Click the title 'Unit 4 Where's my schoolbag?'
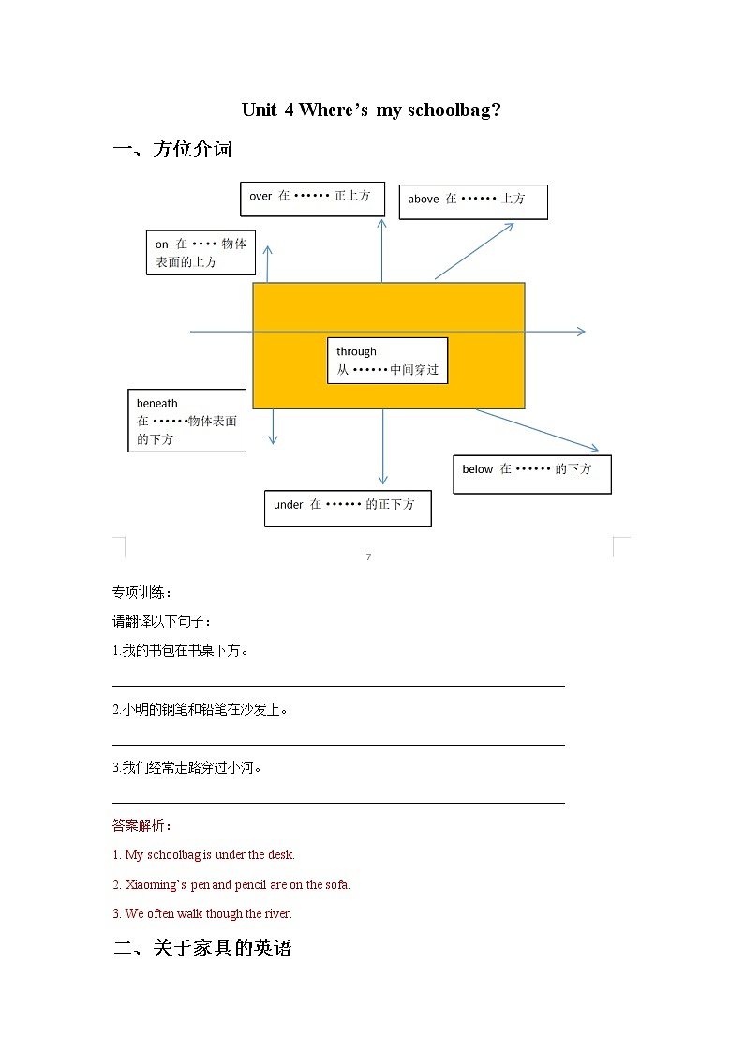click(x=371, y=110)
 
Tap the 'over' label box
click(x=312, y=198)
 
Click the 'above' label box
click(x=472, y=201)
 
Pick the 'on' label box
click(x=201, y=253)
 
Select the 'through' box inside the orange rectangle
click(x=387, y=361)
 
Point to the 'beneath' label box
click(x=186, y=421)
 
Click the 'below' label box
click(x=532, y=473)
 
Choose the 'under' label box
click(x=347, y=507)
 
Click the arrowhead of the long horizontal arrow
click(x=580, y=332)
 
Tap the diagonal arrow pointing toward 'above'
click(x=474, y=251)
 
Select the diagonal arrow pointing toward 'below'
click(x=537, y=430)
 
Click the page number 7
click(x=368, y=557)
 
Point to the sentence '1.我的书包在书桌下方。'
click(x=181, y=650)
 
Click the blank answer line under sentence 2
click(x=337, y=744)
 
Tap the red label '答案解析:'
click(x=141, y=825)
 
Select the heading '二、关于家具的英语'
click(x=202, y=948)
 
